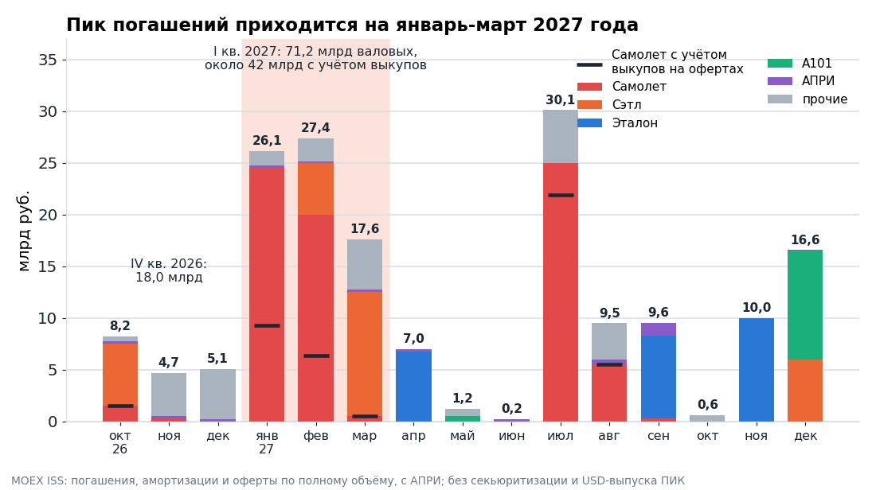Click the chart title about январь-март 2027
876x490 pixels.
[x=352, y=25]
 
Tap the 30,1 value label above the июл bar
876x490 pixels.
[x=561, y=100]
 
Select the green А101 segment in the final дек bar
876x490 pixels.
[x=805, y=305]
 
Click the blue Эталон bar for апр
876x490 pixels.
[x=413, y=387]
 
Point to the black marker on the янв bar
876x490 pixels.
[x=267, y=326]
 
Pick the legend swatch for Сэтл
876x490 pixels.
[x=589, y=105]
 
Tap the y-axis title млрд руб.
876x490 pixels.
[x=23, y=231]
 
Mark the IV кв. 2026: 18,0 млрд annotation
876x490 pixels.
[x=169, y=270]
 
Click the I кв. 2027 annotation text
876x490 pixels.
[x=315, y=58]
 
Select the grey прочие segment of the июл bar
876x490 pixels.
[x=561, y=137]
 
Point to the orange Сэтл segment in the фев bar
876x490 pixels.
[x=315, y=189]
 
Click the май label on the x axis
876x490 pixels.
[x=463, y=436]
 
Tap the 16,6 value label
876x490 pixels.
[x=805, y=240]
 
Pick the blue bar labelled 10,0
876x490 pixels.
[x=757, y=370]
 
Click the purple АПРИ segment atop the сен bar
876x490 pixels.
[x=658, y=329]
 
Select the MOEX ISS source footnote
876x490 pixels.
[x=347, y=480]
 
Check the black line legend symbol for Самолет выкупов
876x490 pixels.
[x=589, y=65]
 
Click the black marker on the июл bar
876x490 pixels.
[x=561, y=196]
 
